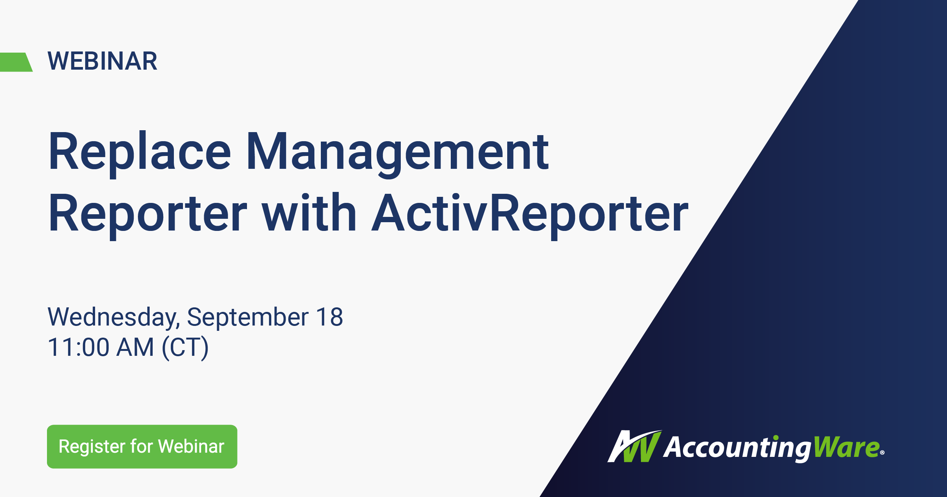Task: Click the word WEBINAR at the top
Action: coord(102,61)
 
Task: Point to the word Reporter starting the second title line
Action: coord(148,214)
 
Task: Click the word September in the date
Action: coord(248,317)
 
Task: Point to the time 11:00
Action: coord(79,347)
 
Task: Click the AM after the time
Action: coord(135,347)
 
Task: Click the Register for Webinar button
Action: coord(142,447)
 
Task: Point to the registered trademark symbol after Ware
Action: coord(882,452)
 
